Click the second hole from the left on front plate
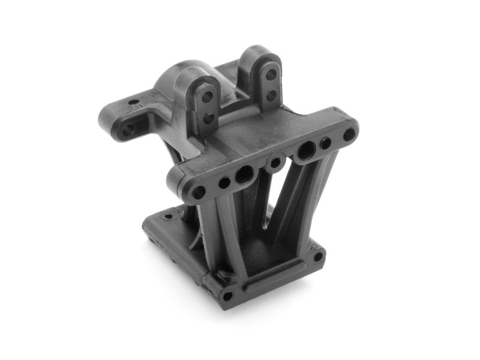pyautogui.click(x=224, y=182)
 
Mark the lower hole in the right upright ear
pyautogui.click(x=271, y=94)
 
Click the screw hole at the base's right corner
pyautogui.click(x=316, y=257)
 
